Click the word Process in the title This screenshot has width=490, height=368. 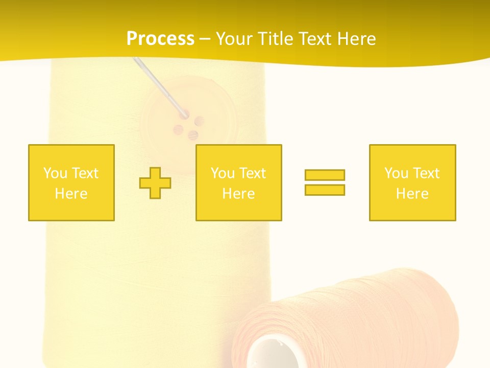point(160,39)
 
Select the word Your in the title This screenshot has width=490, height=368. point(234,39)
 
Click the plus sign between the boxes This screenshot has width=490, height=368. point(155,182)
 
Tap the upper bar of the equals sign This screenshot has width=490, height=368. point(325,175)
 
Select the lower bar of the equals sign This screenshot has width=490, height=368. point(325,190)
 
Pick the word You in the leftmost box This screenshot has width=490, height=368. point(55,173)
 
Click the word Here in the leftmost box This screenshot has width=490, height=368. point(71,194)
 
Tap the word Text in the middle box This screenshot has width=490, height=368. point(253,173)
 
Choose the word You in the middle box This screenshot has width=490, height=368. point(223,173)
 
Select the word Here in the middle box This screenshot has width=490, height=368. point(238,194)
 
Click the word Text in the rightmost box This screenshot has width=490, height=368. point(426,173)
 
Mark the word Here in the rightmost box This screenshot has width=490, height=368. point(412,194)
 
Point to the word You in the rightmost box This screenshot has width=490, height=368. point(396,173)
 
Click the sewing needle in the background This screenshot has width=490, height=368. point(158,84)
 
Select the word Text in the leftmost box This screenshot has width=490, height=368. point(85,173)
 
